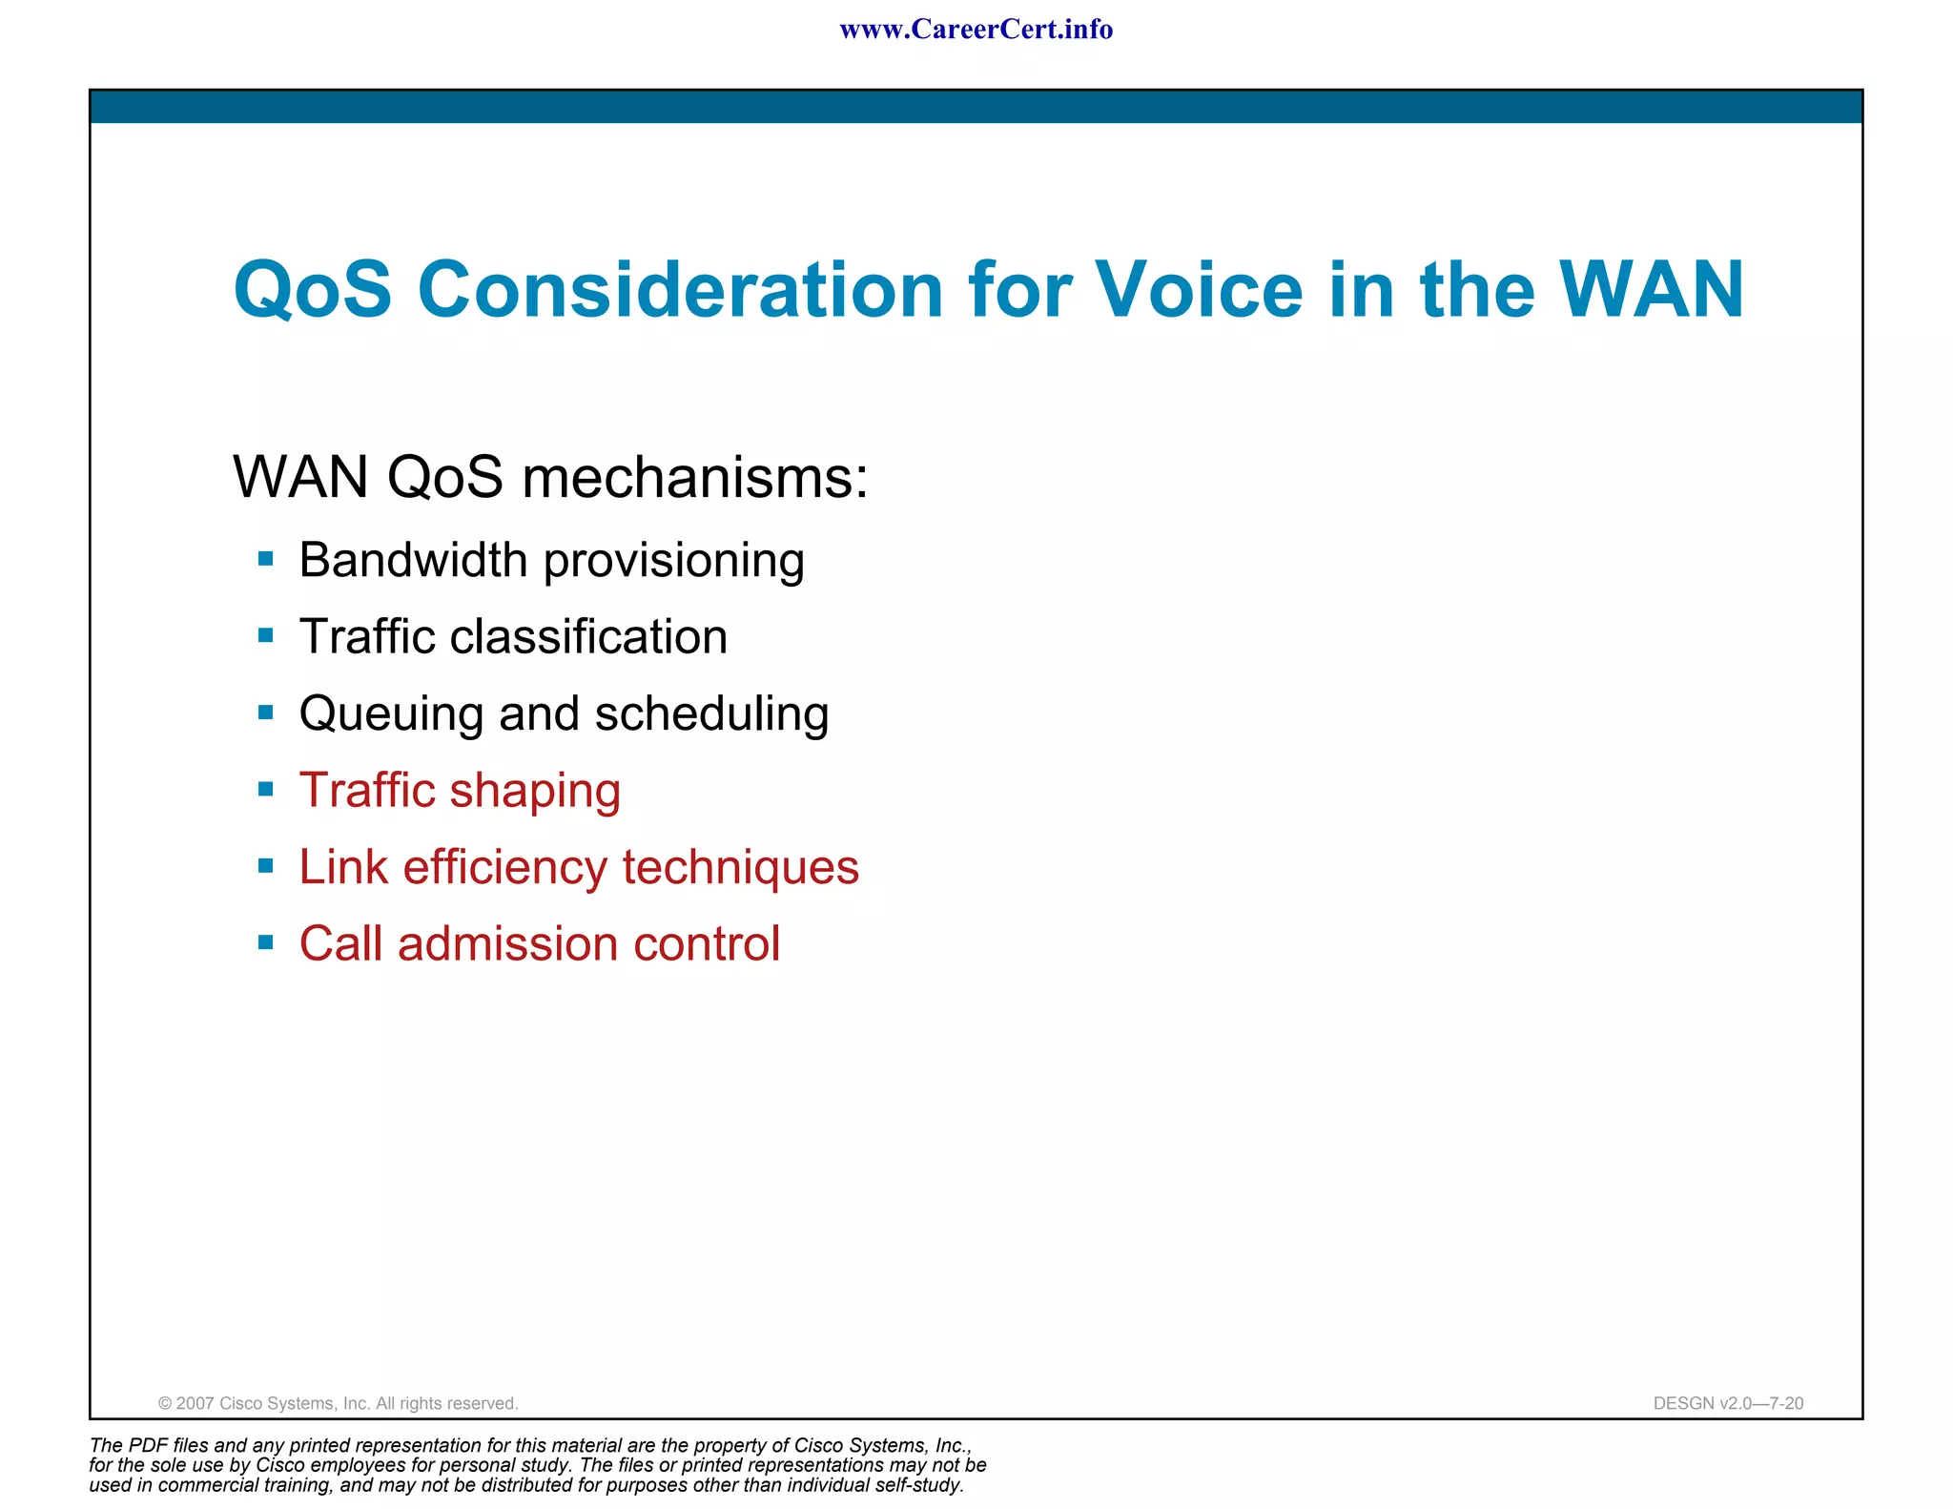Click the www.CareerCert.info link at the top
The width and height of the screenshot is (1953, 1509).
[x=976, y=30]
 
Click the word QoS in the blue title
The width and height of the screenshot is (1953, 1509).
[x=312, y=290]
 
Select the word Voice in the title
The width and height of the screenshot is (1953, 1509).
[x=1198, y=290]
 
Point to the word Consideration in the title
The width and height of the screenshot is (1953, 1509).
[x=680, y=290]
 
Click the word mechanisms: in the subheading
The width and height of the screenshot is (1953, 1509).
[x=695, y=477]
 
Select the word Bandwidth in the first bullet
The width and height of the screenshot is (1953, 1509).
[x=413, y=560]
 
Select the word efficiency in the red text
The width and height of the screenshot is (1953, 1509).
[x=504, y=868]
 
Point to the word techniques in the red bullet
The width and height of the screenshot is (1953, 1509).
[x=741, y=868]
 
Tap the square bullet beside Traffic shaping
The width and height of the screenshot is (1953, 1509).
[x=266, y=790]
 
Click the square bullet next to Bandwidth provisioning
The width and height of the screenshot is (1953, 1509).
[x=266, y=559]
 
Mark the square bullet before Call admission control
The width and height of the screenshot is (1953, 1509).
[x=266, y=943]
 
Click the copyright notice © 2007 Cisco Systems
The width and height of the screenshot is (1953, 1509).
[x=338, y=1403]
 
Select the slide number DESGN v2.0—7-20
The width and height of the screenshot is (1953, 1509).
[x=1728, y=1403]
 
